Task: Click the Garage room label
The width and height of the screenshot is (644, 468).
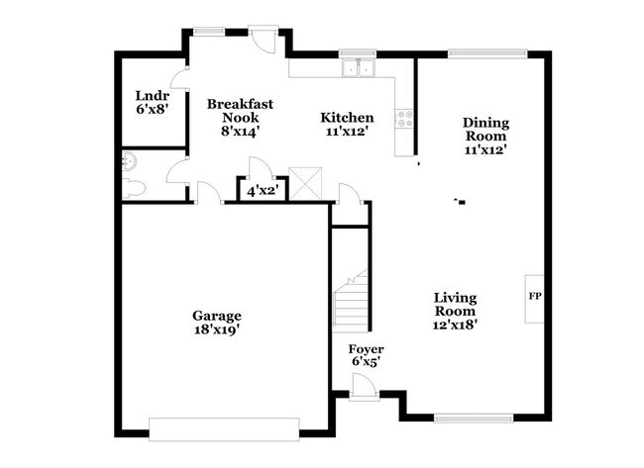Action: point(217,316)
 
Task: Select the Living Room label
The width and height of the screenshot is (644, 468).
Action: point(455,304)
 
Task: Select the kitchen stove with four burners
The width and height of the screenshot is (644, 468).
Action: point(404,119)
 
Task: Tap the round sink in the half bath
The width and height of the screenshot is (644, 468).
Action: point(126,162)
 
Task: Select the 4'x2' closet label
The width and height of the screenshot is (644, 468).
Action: point(261,190)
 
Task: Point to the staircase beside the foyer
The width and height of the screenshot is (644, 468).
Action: point(351,301)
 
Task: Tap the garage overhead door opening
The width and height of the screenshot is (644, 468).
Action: point(224,426)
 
